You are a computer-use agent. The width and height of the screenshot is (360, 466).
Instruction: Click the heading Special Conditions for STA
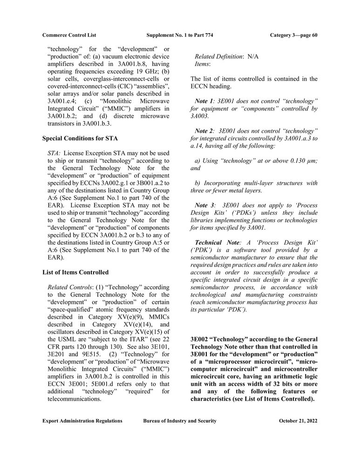tap(80, 138)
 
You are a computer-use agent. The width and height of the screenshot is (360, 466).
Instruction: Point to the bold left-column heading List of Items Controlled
tap(75, 272)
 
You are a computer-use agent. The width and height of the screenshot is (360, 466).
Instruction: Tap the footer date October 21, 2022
tap(298, 421)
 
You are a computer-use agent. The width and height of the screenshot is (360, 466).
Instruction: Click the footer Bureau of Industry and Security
tap(180, 421)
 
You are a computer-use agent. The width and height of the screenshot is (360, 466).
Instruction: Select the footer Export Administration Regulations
tap(82, 421)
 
